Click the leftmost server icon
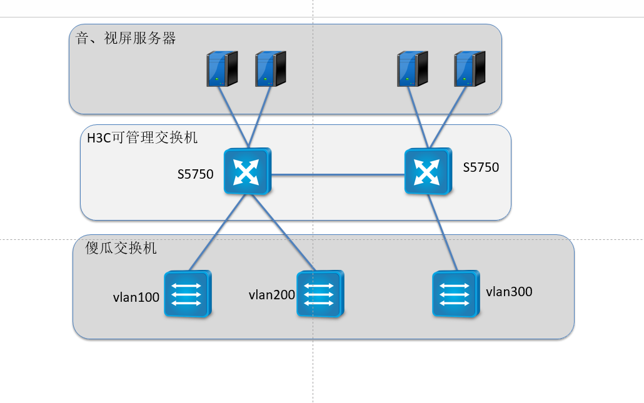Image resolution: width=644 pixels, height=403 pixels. [222, 68]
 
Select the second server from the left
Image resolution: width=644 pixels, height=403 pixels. [270, 68]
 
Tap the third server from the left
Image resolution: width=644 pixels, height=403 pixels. [413, 68]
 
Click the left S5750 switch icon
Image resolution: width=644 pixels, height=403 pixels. [248, 171]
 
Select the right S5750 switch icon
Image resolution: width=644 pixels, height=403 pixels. [428, 171]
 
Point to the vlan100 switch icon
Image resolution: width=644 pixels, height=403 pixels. [187, 294]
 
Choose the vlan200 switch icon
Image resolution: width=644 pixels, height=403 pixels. [319, 294]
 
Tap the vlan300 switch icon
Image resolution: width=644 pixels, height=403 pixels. [456, 293]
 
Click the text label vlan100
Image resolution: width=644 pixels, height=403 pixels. [136, 297]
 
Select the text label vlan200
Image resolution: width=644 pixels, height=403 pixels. [272, 295]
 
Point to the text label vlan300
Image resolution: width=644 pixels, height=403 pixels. [509, 291]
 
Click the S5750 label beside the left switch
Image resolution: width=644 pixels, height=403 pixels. [196, 174]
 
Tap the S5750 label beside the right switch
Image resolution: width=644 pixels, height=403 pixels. [481, 167]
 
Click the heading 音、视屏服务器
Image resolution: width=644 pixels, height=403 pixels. [126, 39]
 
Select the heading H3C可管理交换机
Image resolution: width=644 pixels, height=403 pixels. [142, 137]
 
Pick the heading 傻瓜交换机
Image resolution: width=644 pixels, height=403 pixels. [121, 248]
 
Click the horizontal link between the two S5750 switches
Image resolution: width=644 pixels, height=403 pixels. [338, 175]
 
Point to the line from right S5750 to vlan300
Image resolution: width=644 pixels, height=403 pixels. [440, 231]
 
